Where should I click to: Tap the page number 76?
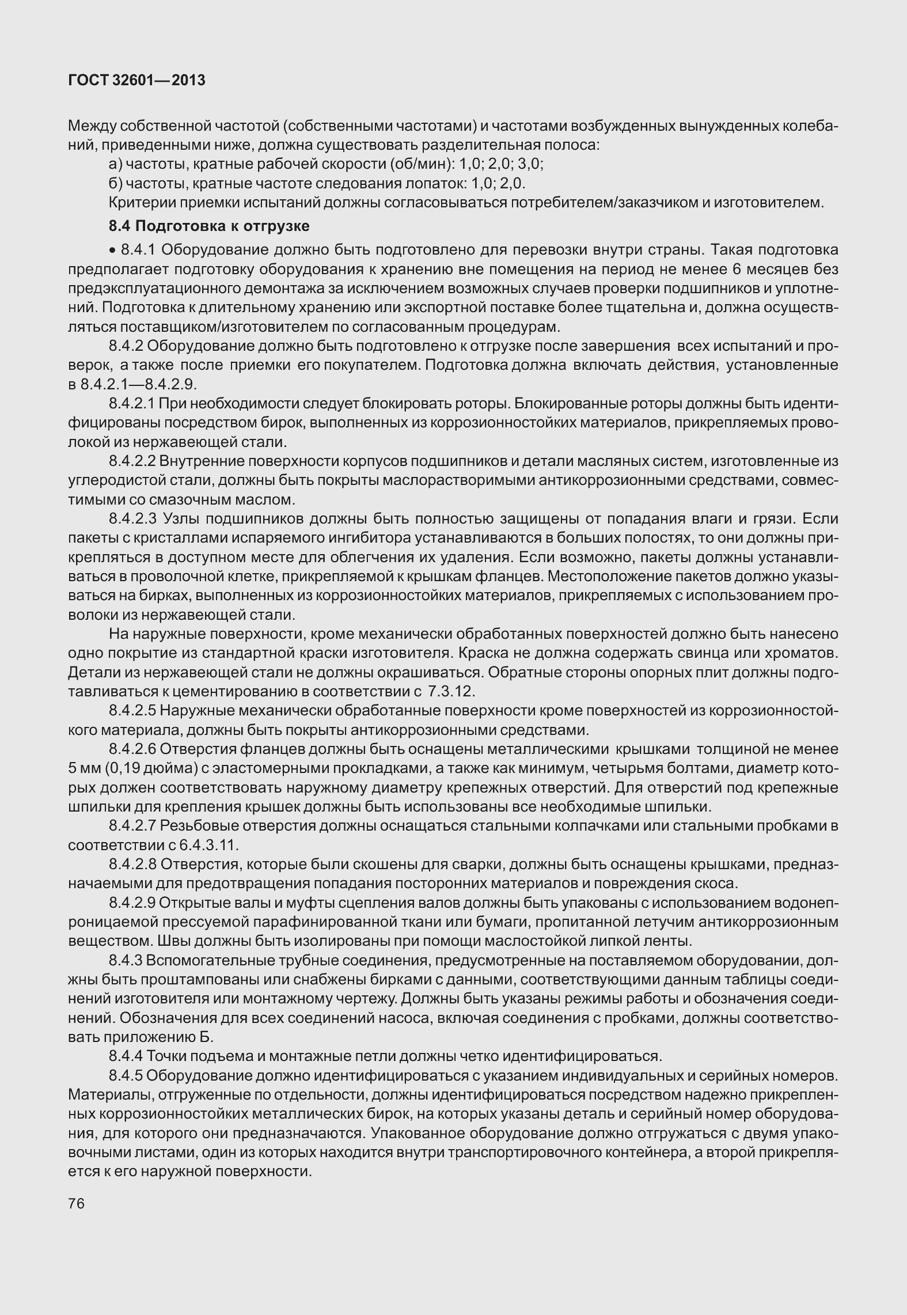pos(76,1204)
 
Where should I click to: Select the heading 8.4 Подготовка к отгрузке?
pos(209,226)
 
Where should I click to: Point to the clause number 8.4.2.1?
pos(132,404)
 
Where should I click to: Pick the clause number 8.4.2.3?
pos(133,518)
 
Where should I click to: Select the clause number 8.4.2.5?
pos(132,711)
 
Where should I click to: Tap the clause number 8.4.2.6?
pos(132,749)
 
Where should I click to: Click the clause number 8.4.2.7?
pos(132,826)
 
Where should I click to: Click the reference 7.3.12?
pos(451,691)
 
